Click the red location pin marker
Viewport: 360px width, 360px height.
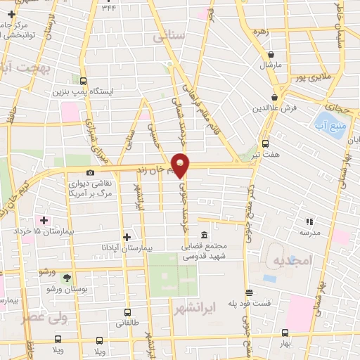(x=181, y=165)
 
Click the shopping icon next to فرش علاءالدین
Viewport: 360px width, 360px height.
(x=274, y=98)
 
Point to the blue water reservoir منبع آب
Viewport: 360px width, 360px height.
(x=329, y=127)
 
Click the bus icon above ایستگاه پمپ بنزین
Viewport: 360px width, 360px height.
(x=84, y=81)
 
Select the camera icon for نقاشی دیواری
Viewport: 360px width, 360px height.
(x=90, y=172)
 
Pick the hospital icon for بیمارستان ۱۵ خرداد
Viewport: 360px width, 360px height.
(x=44, y=220)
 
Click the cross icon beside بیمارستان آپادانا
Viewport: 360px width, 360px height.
(x=127, y=237)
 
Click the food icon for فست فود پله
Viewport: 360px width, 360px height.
(x=247, y=292)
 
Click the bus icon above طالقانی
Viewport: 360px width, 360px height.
(x=127, y=311)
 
